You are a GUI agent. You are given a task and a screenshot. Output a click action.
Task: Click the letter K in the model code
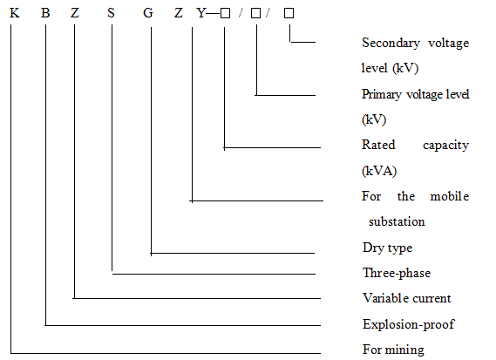coord(15,13)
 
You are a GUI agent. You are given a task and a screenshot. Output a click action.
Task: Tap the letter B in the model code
coord(45,13)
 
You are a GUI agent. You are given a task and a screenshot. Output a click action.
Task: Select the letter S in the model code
coord(111,13)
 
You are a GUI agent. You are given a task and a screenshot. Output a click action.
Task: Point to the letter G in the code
coord(148,13)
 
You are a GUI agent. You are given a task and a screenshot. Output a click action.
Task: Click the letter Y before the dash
coord(201,13)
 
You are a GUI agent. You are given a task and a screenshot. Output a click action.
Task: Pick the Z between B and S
coord(75,13)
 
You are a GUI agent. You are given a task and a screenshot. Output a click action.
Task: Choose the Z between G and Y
coord(179,13)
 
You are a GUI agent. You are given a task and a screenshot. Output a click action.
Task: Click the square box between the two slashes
coord(256,13)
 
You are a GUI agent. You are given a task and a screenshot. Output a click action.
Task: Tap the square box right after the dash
coord(225,13)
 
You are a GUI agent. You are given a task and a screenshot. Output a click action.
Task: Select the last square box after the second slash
coord(289,13)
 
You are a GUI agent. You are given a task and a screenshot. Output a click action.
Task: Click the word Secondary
coord(391,44)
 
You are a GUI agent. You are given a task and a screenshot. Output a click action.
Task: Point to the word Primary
coord(382,95)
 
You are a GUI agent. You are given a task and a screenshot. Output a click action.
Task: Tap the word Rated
coord(378,145)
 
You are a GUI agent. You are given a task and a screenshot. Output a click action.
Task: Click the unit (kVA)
coord(379,171)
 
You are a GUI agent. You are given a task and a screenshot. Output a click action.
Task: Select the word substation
coord(397,221)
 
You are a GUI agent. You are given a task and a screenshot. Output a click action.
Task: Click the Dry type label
coord(388,248)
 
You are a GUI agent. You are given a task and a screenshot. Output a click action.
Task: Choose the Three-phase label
coord(397,273)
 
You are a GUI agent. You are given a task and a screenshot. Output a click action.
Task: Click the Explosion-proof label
coord(408,324)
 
